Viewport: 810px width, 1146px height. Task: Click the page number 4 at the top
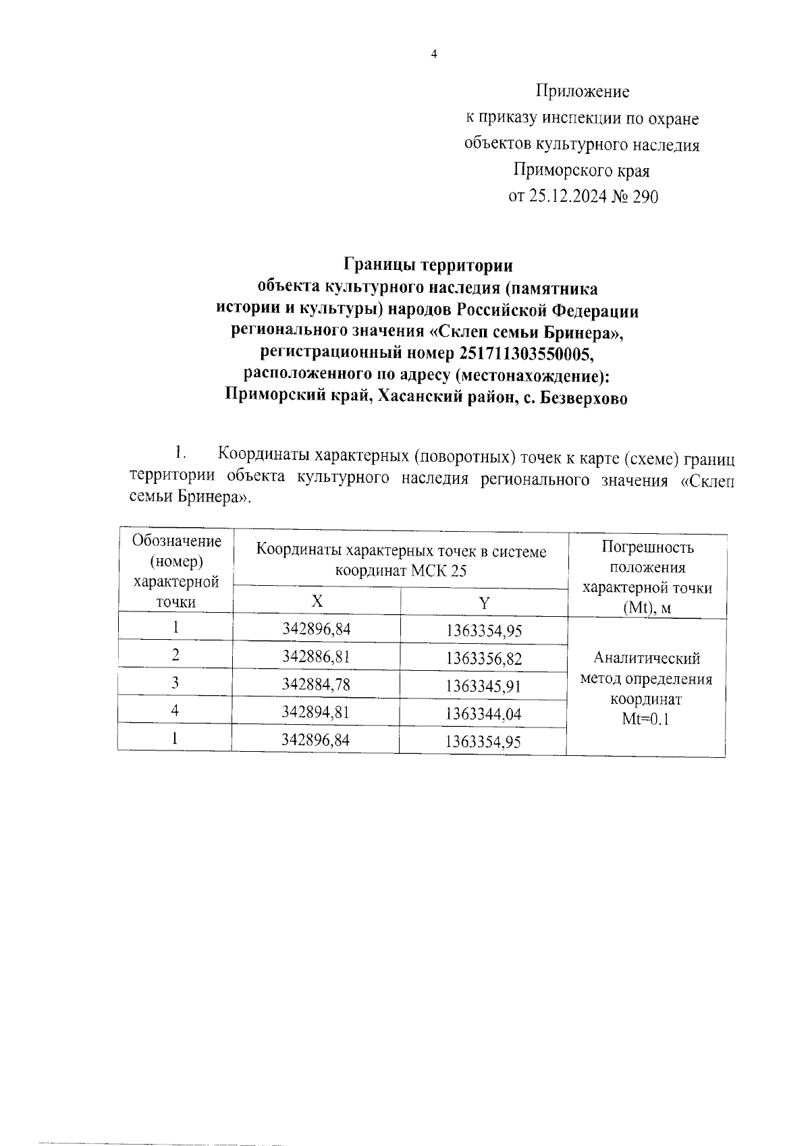pos(434,55)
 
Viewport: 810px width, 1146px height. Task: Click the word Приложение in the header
pos(583,91)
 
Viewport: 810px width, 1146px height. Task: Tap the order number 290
pos(644,196)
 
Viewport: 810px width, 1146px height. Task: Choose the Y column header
pos(484,603)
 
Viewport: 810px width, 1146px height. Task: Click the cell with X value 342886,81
pos(317,656)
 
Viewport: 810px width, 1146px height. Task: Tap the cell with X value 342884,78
pos(317,684)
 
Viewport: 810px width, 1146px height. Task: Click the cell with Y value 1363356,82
pos(484,658)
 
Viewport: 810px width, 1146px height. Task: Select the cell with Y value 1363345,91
pos(484,686)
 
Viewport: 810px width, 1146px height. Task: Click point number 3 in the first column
pos(175,683)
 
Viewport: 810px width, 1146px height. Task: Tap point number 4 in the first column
pos(175,711)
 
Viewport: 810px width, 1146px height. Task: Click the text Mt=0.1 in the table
pos(645,719)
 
